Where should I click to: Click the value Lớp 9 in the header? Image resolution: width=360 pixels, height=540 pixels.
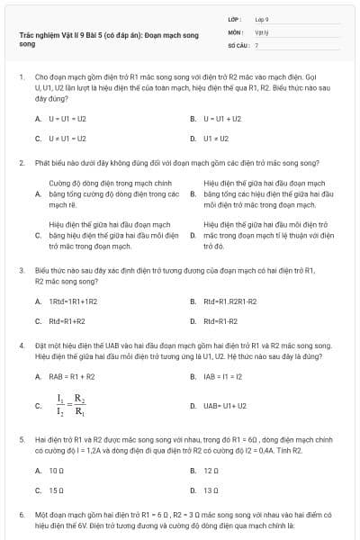[x=262, y=19]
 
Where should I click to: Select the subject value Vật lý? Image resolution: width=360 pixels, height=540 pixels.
[x=261, y=31]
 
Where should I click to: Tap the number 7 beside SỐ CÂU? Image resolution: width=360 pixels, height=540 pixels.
[x=256, y=44]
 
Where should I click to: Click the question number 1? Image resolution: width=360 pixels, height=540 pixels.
[x=21, y=79]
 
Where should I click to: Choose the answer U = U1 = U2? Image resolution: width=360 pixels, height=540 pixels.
[x=66, y=119]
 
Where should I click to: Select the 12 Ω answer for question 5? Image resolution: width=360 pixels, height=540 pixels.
[x=211, y=470]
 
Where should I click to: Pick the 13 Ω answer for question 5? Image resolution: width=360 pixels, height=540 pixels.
[x=211, y=490]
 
